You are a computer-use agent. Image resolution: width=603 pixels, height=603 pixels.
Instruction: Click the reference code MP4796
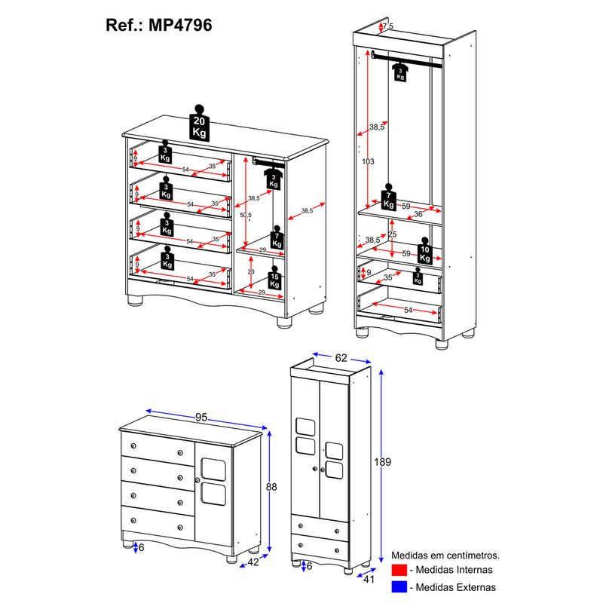click(180, 25)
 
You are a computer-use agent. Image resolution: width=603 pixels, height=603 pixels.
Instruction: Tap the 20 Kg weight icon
click(199, 124)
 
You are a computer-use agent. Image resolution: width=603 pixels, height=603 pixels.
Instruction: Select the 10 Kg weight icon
click(426, 253)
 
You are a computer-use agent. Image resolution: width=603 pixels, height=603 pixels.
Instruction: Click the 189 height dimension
click(383, 462)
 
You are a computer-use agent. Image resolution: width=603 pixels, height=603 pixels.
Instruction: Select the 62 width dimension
click(341, 358)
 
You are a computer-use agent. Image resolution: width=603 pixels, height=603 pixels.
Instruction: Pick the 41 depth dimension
click(369, 580)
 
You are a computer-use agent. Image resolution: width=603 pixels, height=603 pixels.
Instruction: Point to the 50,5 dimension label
click(246, 216)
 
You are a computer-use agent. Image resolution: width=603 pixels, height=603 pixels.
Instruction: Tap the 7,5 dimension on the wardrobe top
click(388, 27)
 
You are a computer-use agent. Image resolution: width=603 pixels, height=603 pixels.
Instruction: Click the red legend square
click(399, 570)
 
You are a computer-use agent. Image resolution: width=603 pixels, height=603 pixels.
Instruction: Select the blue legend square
click(399, 586)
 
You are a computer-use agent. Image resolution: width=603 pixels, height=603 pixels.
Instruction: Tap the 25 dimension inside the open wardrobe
click(393, 234)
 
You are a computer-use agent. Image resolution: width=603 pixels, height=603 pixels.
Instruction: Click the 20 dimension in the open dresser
click(251, 272)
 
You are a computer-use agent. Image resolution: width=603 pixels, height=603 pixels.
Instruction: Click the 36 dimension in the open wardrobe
click(418, 213)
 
